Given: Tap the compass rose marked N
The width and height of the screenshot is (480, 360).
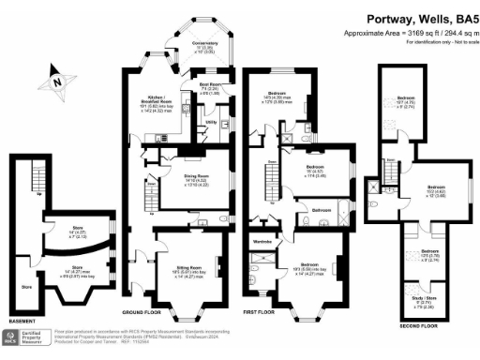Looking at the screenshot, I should pyautogui.click(x=58, y=82).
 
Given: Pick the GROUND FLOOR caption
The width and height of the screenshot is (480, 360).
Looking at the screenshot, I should pyautogui.click(x=144, y=310).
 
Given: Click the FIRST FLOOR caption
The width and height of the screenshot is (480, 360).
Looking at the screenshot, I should pyautogui.click(x=264, y=310).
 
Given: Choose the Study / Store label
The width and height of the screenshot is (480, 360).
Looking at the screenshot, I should pyautogui.click(x=424, y=299).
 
